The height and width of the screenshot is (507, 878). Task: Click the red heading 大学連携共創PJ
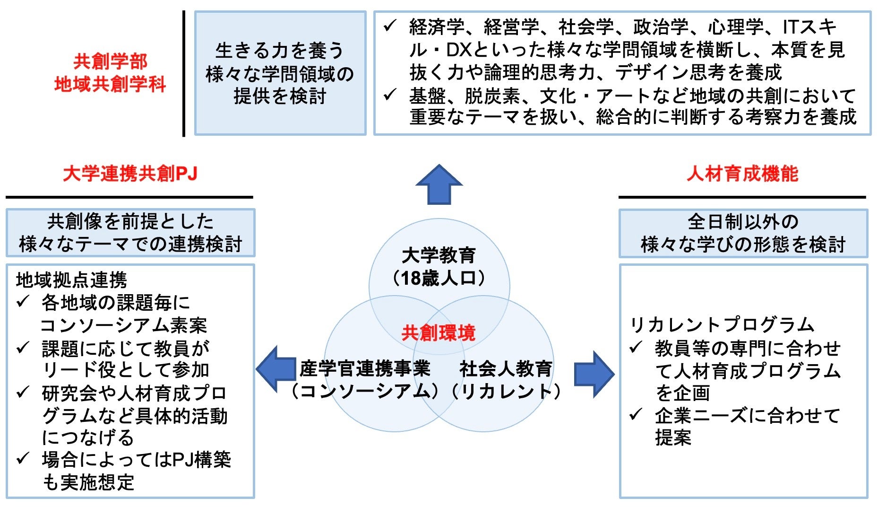[x=130, y=174]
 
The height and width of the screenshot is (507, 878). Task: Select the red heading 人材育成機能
[x=742, y=174]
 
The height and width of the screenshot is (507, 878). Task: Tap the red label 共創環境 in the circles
[x=438, y=333]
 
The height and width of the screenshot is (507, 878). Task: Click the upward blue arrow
[x=439, y=185]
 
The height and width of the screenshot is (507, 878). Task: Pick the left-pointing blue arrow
[x=275, y=369]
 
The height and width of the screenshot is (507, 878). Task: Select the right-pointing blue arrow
[x=594, y=374]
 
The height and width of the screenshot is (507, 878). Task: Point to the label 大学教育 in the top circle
[x=439, y=256]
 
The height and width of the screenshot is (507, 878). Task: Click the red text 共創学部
[x=110, y=61]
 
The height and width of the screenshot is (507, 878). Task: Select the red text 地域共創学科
[x=110, y=85]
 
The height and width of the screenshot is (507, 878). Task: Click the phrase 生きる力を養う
[x=280, y=51]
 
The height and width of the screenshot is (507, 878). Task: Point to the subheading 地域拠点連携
[x=71, y=280]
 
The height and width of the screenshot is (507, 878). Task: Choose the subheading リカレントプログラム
[x=722, y=325]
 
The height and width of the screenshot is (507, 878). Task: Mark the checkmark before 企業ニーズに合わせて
[x=636, y=415]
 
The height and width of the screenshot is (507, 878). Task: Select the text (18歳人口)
[x=439, y=279]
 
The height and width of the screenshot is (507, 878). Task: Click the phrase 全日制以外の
[x=743, y=222]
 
